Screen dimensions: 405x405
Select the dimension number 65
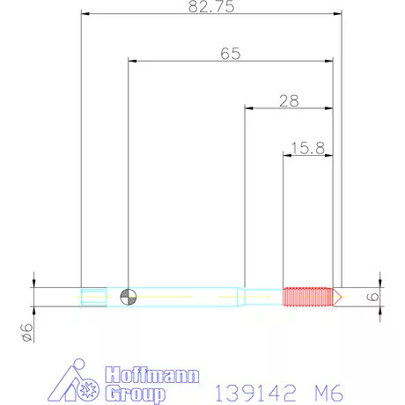231,53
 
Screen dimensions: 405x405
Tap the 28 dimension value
289,100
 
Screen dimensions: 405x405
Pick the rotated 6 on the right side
372,297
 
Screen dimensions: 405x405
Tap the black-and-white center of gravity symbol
129,297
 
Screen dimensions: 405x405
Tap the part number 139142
249,389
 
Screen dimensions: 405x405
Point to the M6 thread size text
324,389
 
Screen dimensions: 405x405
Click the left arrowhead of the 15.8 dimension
286,156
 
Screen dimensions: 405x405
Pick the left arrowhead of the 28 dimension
248,108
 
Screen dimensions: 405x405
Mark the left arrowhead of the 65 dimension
132,61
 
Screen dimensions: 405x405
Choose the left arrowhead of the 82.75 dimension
84,13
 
